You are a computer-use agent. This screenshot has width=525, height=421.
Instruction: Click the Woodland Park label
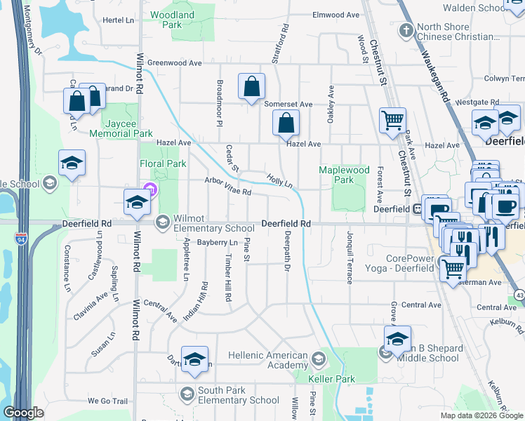point(172,19)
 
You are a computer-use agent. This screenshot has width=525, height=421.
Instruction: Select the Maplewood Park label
point(344,175)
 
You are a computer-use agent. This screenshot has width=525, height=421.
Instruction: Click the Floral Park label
point(163,163)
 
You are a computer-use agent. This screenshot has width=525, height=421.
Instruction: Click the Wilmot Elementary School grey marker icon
point(162,222)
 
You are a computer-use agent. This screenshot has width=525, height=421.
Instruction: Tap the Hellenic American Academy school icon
point(318,360)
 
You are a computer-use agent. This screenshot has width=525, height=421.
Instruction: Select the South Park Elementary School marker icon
point(187,392)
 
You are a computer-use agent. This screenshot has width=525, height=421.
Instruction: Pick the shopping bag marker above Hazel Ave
point(286,123)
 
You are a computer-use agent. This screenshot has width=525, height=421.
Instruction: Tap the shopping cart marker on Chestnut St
point(392,119)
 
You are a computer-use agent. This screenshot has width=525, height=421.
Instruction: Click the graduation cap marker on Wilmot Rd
point(137,203)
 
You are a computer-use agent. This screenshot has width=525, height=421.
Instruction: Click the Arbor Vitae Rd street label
point(227,186)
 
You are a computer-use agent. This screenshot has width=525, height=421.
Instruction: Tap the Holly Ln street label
point(279,181)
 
